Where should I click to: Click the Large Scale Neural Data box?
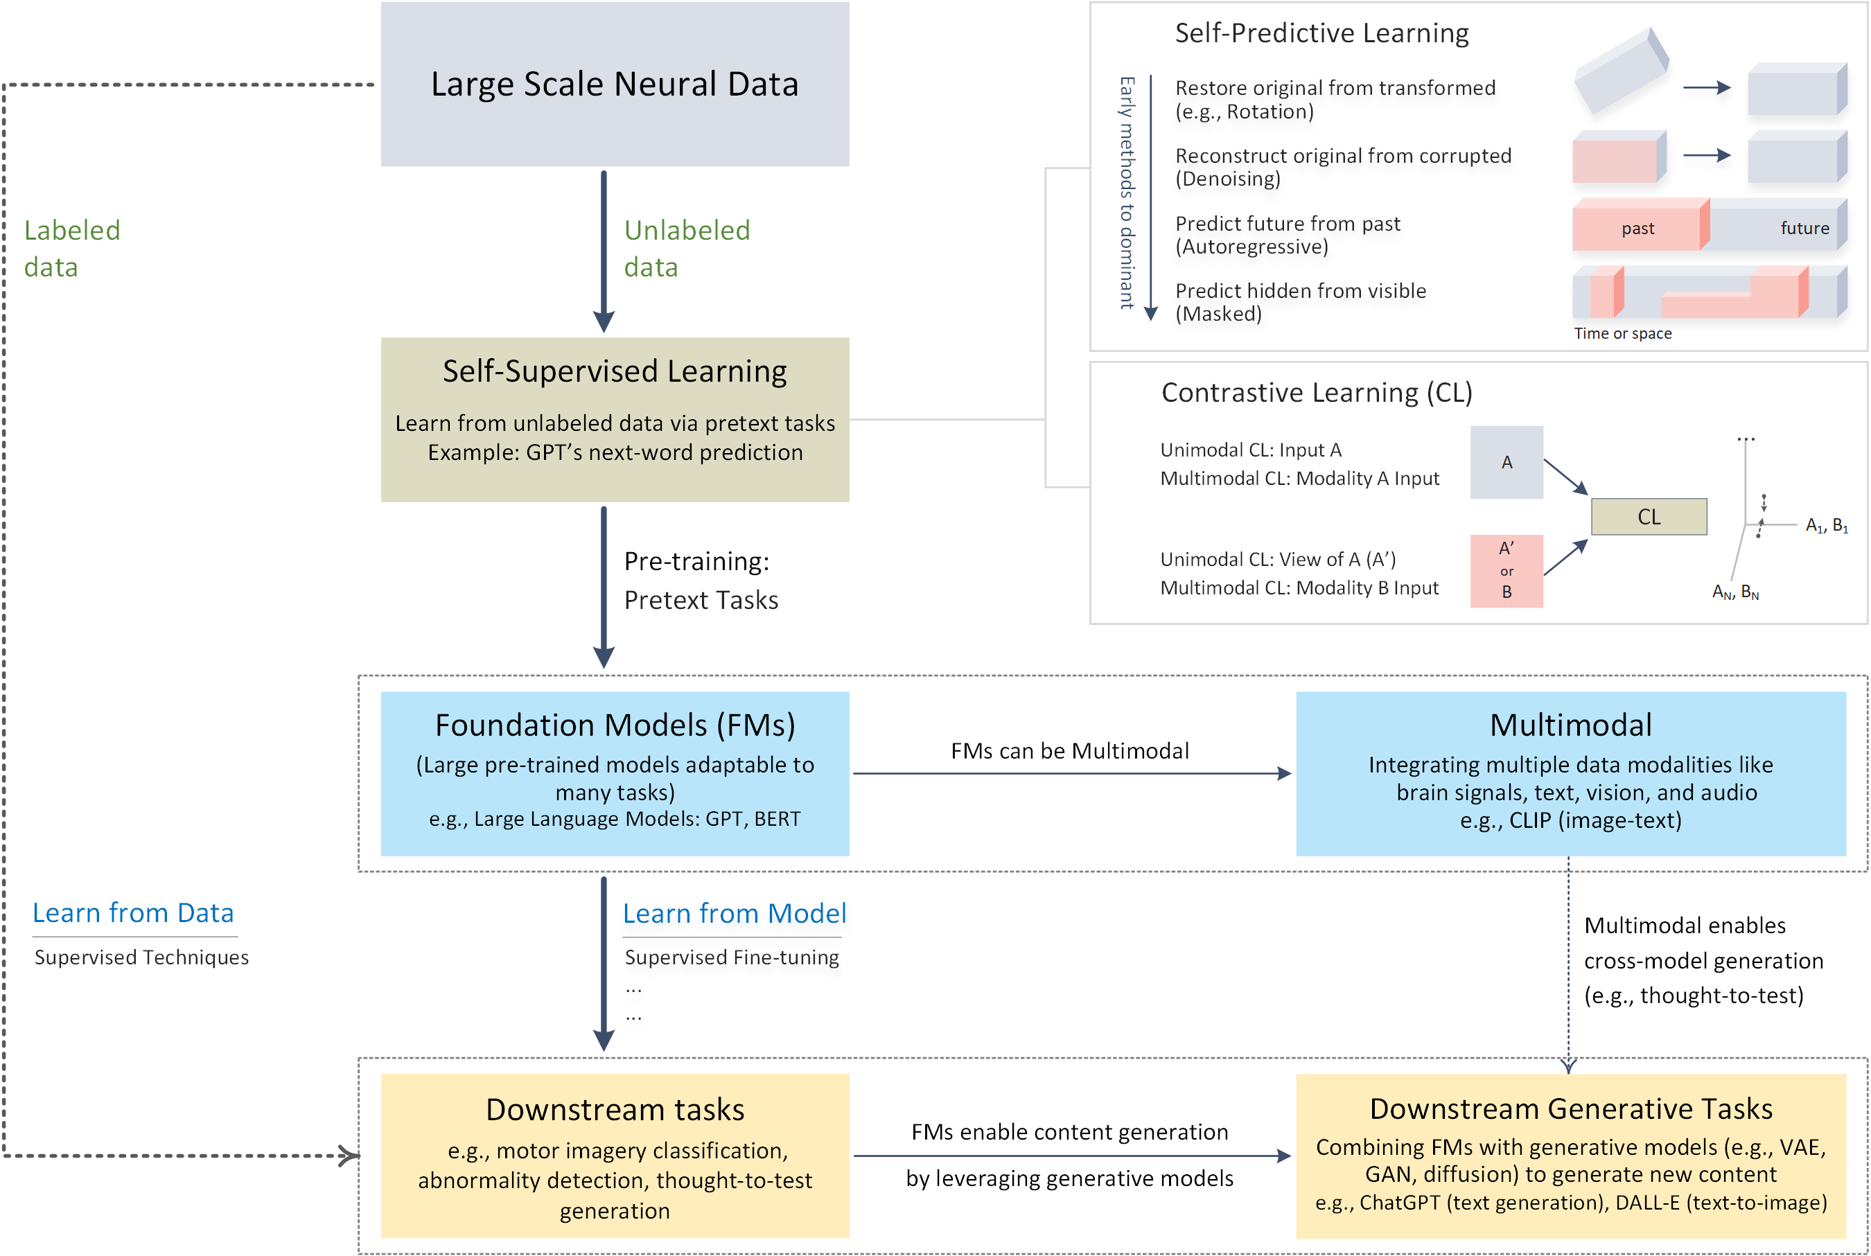click(615, 84)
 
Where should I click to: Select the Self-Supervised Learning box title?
click(615, 371)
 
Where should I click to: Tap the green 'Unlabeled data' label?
click(687, 248)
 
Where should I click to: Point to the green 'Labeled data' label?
click(71, 248)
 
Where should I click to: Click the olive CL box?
click(1649, 517)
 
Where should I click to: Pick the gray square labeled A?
click(1506, 462)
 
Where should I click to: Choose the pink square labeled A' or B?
click(1506, 570)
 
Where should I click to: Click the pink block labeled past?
click(1636, 229)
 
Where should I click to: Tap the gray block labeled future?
click(1803, 229)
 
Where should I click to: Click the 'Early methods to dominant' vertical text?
click(1127, 193)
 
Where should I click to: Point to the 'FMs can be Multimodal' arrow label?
click(1069, 750)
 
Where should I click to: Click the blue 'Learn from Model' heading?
click(734, 913)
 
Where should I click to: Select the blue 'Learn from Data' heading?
click(133, 912)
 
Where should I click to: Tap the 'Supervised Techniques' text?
click(141, 957)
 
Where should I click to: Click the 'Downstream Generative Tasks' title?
click(1570, 1108)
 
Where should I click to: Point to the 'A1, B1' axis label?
click(1826, 525)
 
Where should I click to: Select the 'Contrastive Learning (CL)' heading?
click(1316, 393)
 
